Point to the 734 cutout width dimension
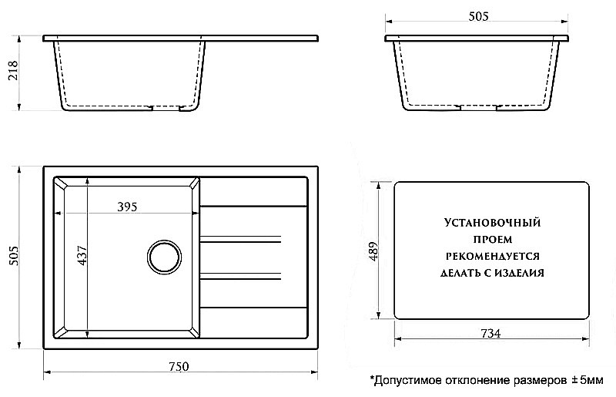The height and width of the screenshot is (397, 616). [490, 334]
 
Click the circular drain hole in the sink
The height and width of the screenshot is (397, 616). [164, 257]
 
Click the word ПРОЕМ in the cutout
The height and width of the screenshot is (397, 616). [490, 239]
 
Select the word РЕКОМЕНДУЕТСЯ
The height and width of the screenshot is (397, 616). [490, 255]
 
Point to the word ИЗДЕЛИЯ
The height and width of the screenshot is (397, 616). [522, 272]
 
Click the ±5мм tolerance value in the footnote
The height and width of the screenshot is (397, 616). [587, 380]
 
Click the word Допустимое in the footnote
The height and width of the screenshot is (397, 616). [405, 380]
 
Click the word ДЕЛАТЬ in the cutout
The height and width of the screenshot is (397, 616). [463, 272]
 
